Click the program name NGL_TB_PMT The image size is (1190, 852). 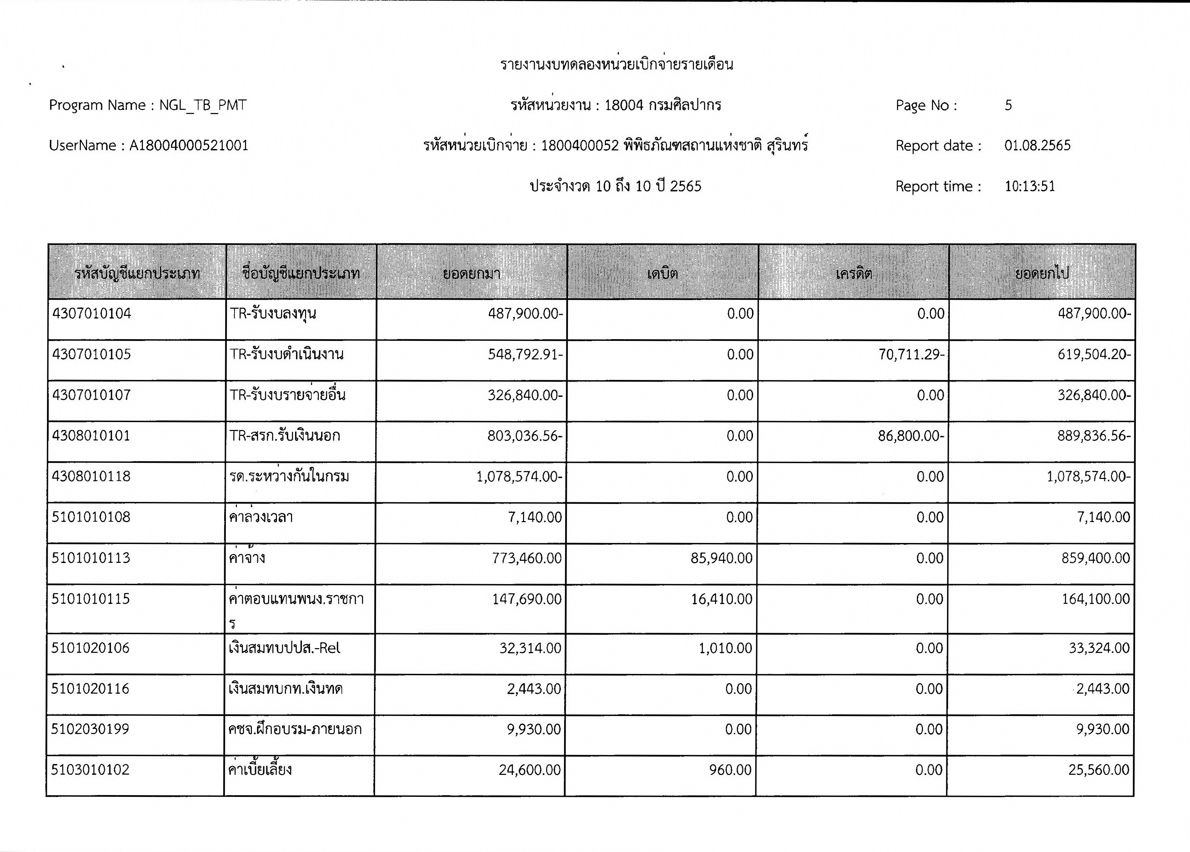[x=203, y=106]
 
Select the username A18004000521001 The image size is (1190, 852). [x=189, y=146]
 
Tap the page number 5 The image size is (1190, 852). [x=1008, y=106]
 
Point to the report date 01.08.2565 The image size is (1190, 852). [x=1037, y=146]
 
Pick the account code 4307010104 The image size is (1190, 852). [x=92, y=313]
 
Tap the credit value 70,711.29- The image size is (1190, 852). [x=911, y=355]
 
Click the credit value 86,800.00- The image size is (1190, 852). [x=911, y=436]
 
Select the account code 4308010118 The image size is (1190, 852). [x=91, y=477]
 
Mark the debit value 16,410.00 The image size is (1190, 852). [x=721, y=599]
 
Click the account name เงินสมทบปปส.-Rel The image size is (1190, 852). [x=284, y=649]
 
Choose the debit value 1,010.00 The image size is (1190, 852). [x=725, y=649]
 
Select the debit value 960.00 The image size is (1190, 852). [x=730, y=770]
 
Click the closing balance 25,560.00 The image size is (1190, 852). [x=1099, y=770]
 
